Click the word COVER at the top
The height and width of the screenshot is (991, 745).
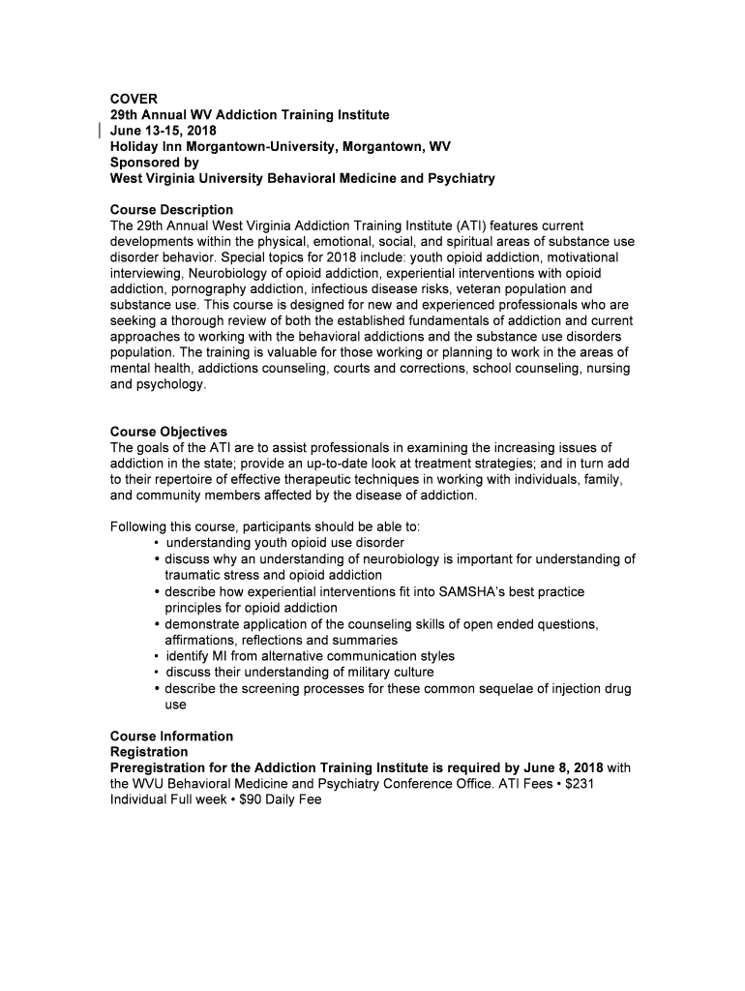pyautogui.click(x=134, y=99)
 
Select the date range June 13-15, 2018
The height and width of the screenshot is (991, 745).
pyautogui.click(x=164, y=131)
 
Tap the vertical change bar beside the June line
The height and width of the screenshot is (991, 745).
pyautogui.click(x=100, y=131)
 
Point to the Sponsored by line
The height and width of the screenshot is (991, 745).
pyautogui.click(x=155, y=163)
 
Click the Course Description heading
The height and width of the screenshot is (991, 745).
pyautogui.click(x=171, y=210)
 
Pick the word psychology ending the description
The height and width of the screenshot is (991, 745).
pyautogui.click(x=172, y=384)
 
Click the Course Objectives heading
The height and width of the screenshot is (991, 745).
pyautogui.click(x=168, y=432)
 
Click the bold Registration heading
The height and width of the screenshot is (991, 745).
pyautogui.click(x=149, y=752)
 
